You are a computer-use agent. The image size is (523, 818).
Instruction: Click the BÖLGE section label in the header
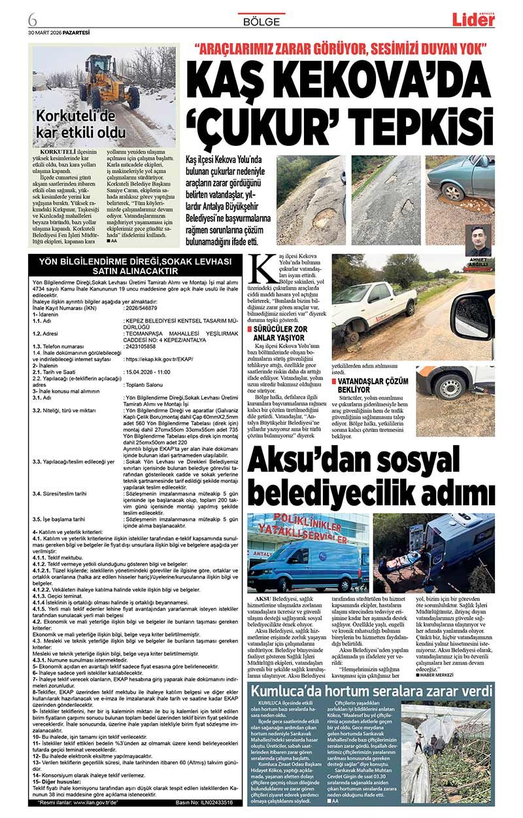pos(261,21)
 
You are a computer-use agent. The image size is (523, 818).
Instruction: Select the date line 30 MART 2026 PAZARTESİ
pos(59,32)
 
